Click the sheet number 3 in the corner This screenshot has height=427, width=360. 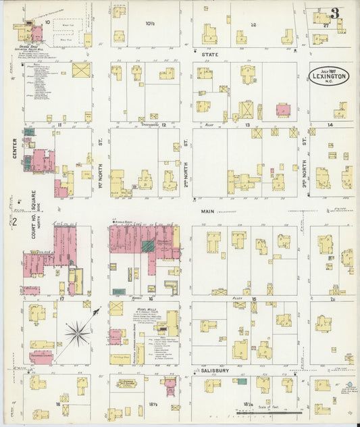tap(335, 14)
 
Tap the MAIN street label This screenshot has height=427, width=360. tap(207, 211)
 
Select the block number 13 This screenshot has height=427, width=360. tap(247, 125)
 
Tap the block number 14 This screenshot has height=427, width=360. tap(330, 125)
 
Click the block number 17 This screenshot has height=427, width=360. tap(61, 298)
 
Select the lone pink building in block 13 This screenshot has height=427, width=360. tap(283, 109)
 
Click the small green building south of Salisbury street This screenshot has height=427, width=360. tap(241, 382)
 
